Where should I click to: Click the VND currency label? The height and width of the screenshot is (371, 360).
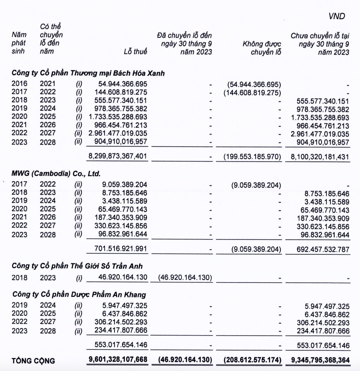click(x=337, y=16)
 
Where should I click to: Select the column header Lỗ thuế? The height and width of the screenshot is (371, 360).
click(x=135, y=51)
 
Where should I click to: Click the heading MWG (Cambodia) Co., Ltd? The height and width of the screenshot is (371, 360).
click(x=56, y=174)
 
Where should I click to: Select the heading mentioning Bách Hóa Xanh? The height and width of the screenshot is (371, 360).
click(x=88, y=73)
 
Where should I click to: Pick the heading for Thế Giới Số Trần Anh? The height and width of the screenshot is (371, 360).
click(x=77, y=266)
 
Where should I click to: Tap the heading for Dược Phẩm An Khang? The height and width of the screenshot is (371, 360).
click(x=79, y=294)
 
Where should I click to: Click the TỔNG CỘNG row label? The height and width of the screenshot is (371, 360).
click(x=33, y=361)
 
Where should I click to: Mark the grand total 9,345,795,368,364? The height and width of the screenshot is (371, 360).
click(x=320, y=360)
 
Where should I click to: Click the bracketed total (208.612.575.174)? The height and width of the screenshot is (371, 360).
click(x=252, y=360)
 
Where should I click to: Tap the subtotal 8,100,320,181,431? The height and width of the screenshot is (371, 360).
click(x=320, y=157)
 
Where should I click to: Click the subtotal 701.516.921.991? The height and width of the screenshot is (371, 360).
click(x=121, y=249)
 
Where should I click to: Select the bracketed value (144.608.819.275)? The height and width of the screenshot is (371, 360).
click(x=252, y=93)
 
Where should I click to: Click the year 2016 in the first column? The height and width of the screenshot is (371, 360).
click(x=19, y=84)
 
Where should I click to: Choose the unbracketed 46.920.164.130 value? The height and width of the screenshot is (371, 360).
click(x=121, y=277)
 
